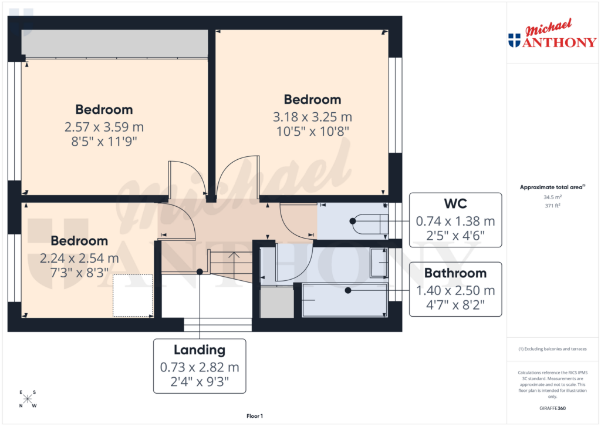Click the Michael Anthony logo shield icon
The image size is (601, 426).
514,40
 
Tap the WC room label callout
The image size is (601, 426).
455,221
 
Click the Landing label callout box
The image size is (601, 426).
200,365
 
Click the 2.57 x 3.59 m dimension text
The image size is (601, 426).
104,126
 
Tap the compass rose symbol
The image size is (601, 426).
28,400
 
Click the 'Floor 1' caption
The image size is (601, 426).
255,416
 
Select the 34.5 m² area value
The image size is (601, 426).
552,197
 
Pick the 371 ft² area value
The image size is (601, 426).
552,206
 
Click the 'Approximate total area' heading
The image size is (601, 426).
552,187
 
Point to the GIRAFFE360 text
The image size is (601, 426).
552,408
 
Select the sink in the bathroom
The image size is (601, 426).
379,263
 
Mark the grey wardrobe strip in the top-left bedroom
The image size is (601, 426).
114,43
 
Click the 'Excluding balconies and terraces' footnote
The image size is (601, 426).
552,349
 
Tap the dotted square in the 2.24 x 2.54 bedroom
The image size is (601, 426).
133,296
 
